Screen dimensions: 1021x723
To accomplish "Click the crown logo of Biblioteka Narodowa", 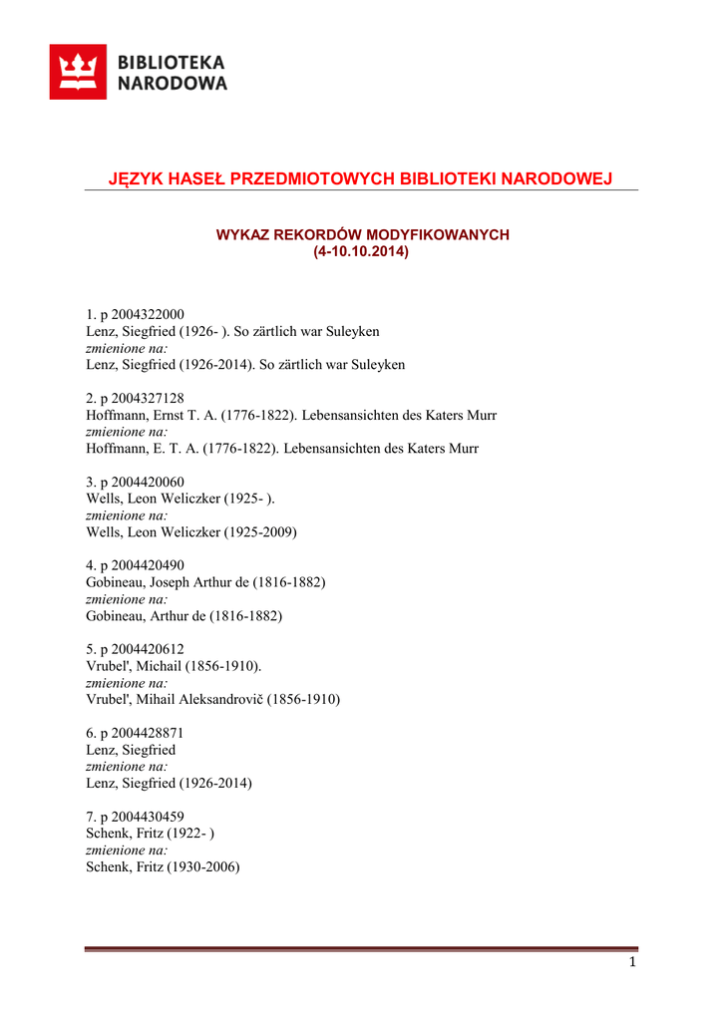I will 78,72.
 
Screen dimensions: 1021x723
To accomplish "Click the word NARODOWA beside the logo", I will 173,84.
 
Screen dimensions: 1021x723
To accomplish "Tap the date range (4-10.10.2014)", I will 361,251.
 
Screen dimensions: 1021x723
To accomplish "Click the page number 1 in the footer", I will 632,962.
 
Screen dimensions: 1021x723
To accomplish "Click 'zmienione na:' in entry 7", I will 128,851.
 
